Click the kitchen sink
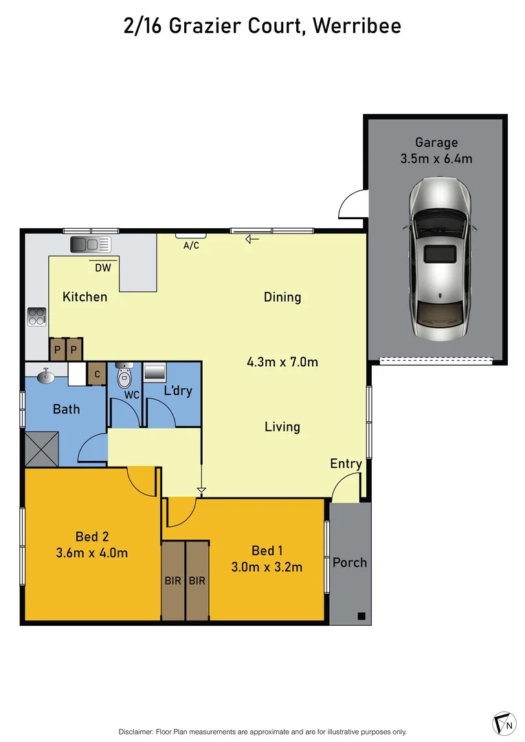click(x=90, y=244)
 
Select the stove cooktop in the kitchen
click(x=36, y=317)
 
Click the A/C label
click(x=191, y=245)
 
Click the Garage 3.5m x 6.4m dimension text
click(x=436, y=159)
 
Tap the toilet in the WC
click(x=124, y=377)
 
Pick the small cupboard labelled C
click(x=97, y=374)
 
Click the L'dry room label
click(x=178, y=391)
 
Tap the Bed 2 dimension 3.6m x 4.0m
click(x=92, y=553)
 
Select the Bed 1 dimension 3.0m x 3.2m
click(x=267, y=567)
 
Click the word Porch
click(x=350, y=563)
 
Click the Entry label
click(x=346, y=464)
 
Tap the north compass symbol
click(x=504, y=724)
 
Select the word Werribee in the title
click(x=357, y=26)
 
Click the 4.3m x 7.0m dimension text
click(x=282, y=362)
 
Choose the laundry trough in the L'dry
click(x=154, y=373)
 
